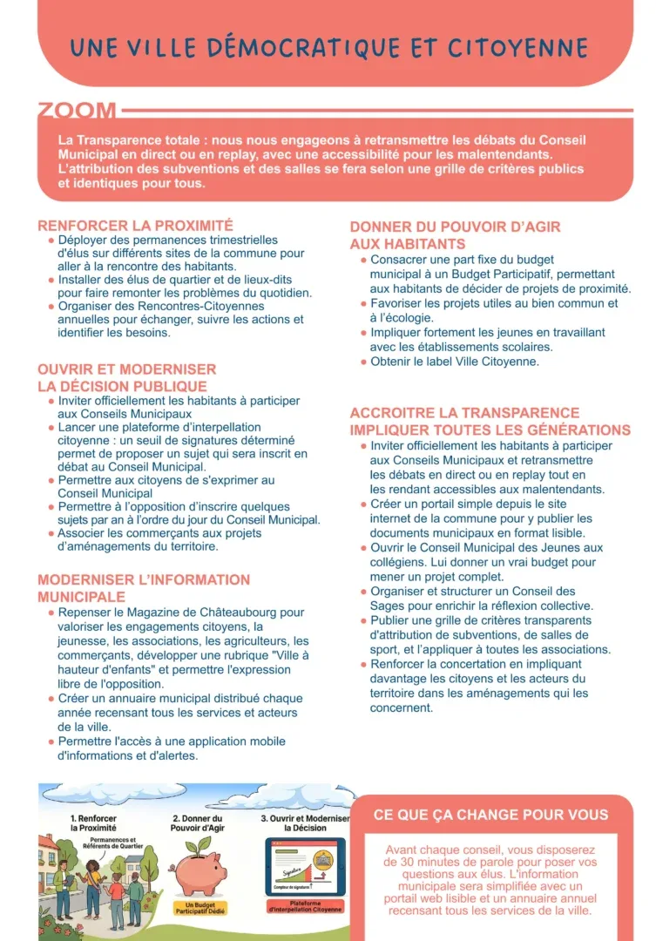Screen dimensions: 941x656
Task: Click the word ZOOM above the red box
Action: point(77,112)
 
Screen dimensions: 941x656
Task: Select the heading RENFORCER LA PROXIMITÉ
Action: point(135,225)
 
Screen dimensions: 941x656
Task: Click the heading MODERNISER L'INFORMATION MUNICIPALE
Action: point(144,588)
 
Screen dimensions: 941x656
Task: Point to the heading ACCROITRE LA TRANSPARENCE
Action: point(464,413)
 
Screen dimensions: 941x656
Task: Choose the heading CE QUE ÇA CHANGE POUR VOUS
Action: point(490,816)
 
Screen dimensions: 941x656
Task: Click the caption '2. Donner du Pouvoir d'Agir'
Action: point(198,823)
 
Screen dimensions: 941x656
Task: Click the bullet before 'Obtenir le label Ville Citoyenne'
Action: point(363,362)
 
